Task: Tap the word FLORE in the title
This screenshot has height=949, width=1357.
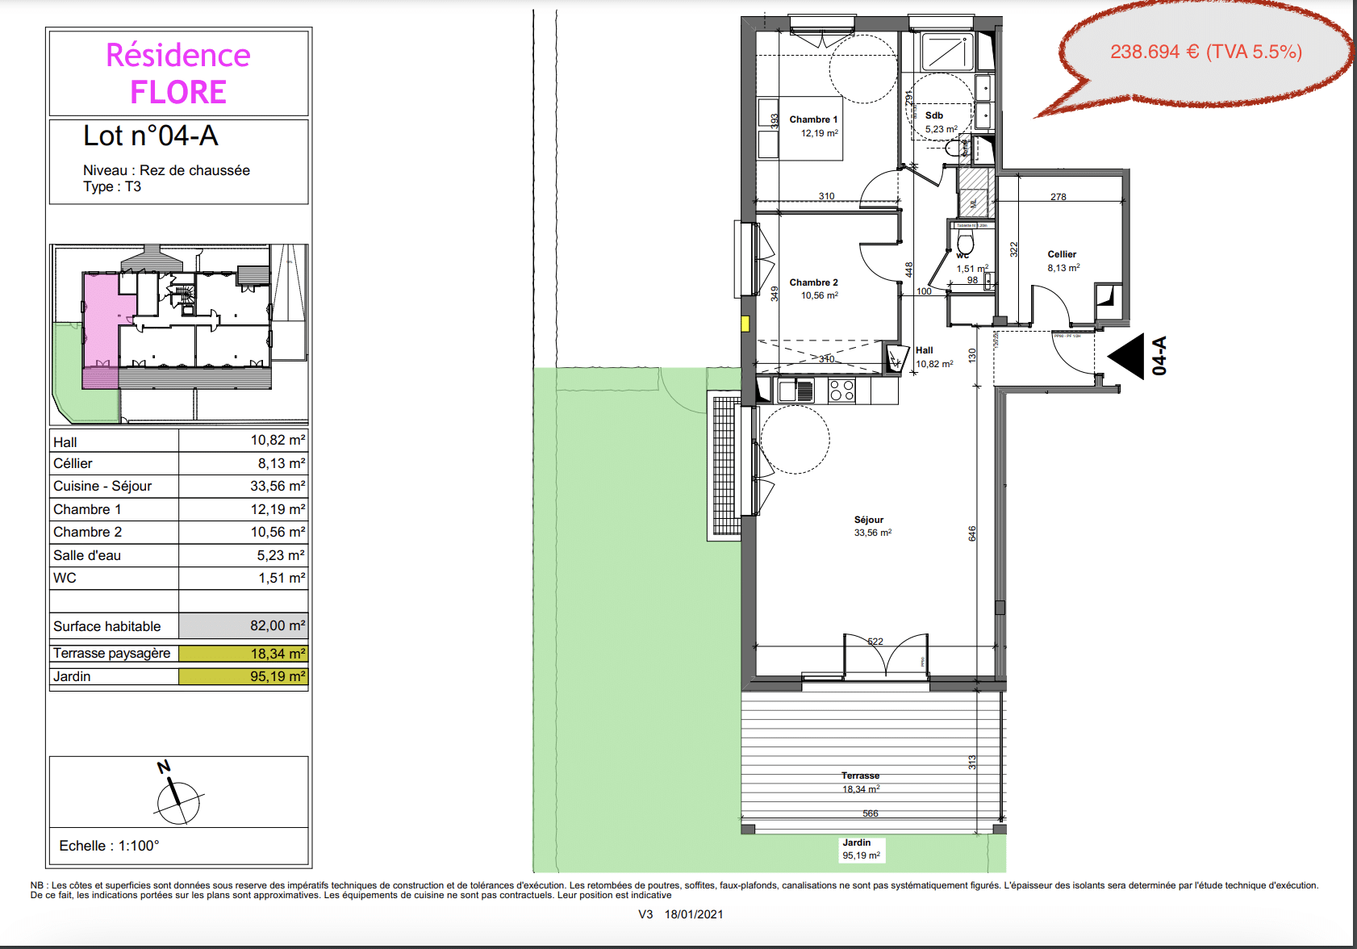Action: tap(178, 92)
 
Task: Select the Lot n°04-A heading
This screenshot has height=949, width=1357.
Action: tap(151, 136)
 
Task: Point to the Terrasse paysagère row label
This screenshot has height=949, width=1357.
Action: tap(112, 653)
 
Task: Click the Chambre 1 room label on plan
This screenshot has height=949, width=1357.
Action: tap(813, 119)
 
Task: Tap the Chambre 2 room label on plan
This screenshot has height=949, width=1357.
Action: tap(813, 282)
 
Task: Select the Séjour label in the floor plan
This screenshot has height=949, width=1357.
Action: tap(869, 520)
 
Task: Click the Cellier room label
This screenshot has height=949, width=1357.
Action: tap(1062, 254)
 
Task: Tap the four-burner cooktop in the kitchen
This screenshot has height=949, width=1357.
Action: tap(842, 391)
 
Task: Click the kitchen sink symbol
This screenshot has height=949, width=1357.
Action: tap(797, 391)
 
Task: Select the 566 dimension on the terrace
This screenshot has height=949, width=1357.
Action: tap(870, 813)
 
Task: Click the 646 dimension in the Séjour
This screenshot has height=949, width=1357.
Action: tap(972, 533)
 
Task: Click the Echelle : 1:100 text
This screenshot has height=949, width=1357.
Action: tap(109, 846)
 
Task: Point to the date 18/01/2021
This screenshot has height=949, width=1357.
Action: tap(694, 914)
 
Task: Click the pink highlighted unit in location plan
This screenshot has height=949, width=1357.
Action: tap(101, 323)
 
